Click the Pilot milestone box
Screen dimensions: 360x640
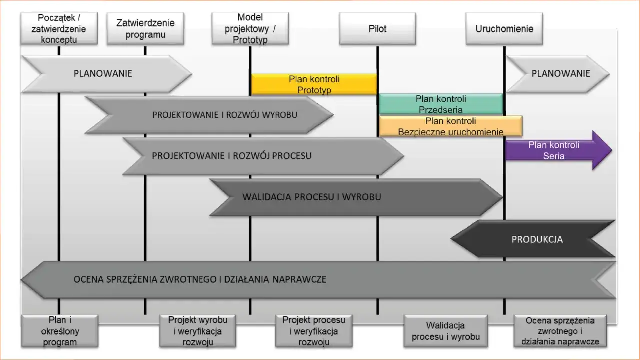coord(377,28)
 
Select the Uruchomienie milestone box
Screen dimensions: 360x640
coord(504,28)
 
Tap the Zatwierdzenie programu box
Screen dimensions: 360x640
coord(145,29)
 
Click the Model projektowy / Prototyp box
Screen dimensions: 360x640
coord(250,28)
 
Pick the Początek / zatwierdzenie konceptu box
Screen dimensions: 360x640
coord(58,28)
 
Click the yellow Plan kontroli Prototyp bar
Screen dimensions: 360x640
coord(314,84)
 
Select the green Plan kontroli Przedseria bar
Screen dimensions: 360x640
coord(440,104)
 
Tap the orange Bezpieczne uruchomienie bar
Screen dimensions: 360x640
coord(450,126)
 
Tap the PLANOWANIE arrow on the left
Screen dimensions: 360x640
coord(103,74)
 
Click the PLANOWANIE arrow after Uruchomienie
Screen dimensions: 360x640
coord(560,74)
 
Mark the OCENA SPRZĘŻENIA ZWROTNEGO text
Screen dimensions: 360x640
coord(200,279)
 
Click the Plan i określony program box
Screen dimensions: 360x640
coord(60,331)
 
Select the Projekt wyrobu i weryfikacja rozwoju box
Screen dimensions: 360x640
coord(198,331)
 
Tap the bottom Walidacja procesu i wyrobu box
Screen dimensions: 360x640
coord(445,331)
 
